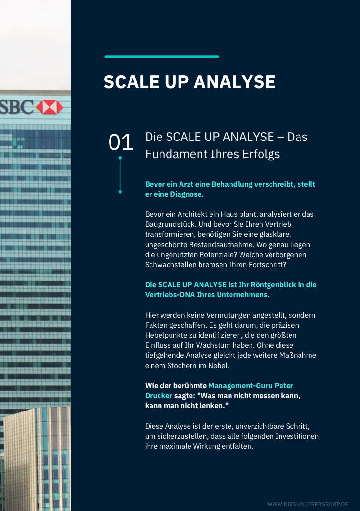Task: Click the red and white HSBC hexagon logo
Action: coord(50,107)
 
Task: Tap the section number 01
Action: coord(120,142)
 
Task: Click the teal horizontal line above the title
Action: coord(161,57)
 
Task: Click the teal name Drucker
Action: coord(159,396)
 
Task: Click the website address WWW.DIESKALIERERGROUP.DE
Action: coord(308,504)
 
